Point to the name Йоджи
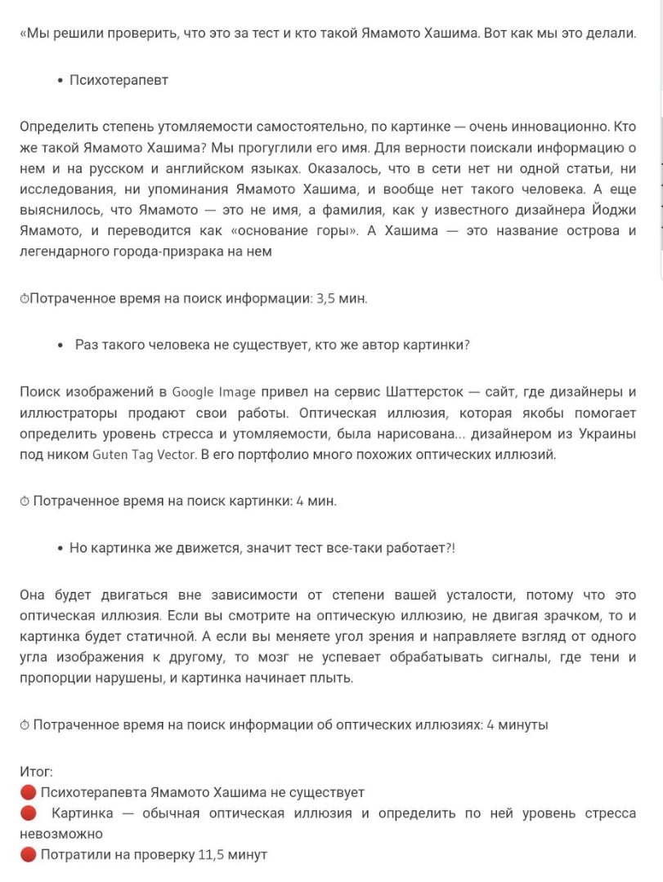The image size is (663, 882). coord(611,210)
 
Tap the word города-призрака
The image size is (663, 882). coord(165,252)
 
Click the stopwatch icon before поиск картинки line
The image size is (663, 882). coord(25,501)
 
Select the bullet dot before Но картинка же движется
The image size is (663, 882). coord(61,548)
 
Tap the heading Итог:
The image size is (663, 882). coord(37,771)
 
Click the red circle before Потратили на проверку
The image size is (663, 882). coord(29,855)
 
